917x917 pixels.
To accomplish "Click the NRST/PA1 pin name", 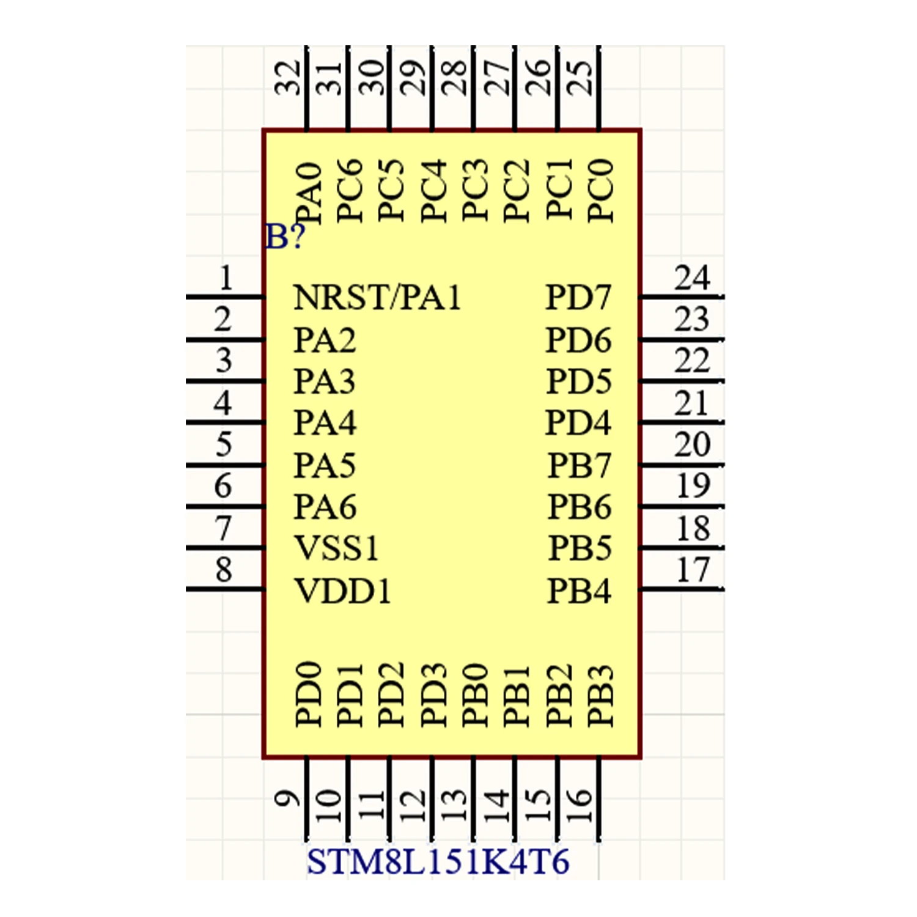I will click(x=377, y=298).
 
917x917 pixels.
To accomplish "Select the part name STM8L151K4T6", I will click(x=438, y=862).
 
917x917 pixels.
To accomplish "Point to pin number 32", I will click(x=289, y=78).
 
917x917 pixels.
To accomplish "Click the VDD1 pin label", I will click(x=342, y=591).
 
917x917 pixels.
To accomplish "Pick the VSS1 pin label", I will click(x=336, y=548).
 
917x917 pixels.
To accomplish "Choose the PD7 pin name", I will click(x=578, y=298).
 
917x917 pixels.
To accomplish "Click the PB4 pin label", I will click(x=578, y=591).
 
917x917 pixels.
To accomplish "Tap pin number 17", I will click(x=693, y=570).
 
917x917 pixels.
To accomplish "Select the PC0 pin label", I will click(x=600, y=190).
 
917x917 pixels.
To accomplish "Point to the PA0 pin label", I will click(x=309, y=192).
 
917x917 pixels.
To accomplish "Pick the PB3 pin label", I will click(x=600, y=696).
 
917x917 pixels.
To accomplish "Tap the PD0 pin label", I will click(x=309, y=694).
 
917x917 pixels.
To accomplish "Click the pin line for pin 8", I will click(x=225, y=589).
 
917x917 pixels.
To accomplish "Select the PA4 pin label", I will click(x=325, y=423).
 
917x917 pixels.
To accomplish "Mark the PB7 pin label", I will click(x=579, y=465).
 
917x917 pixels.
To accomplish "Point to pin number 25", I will click(x=581, y=78).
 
